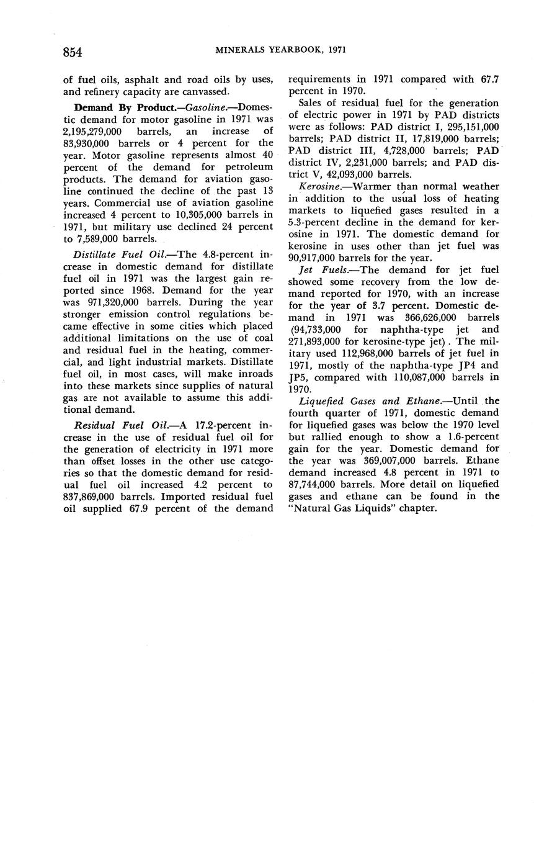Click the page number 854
click(73, 52)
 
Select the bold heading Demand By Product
click(125, 107)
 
